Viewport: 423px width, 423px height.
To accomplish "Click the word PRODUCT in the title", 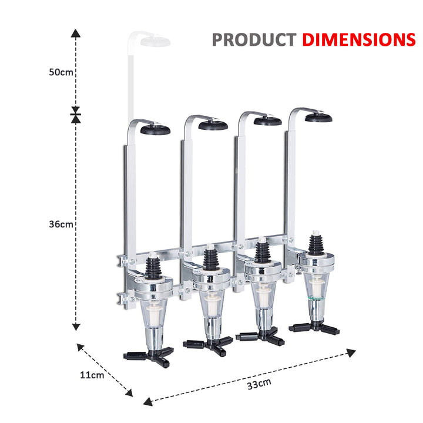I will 254,39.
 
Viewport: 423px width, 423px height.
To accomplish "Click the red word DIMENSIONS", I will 358,39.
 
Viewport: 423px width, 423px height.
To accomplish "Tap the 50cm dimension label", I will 61,72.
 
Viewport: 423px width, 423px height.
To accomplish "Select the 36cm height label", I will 61,224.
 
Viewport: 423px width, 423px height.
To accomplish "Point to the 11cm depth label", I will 92,375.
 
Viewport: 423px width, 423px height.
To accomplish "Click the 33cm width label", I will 258,384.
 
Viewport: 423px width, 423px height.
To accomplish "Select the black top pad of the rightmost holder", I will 318,117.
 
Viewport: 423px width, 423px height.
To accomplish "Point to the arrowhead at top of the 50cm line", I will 76,33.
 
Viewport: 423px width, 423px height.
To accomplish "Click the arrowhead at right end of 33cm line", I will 351,352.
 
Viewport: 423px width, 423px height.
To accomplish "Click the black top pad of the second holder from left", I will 213,125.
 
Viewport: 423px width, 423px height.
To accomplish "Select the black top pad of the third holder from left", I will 267,121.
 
